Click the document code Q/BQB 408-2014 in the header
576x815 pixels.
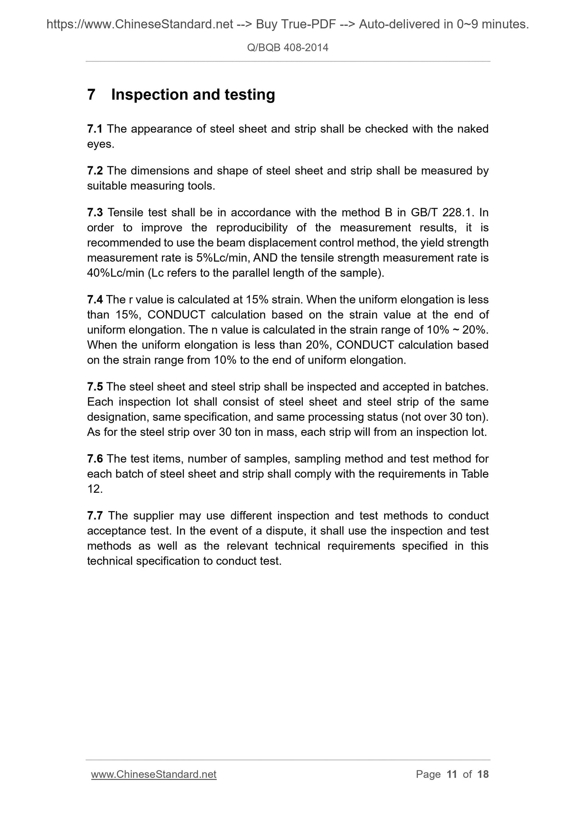(x=288, y=48)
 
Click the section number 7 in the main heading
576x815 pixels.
(x=91, y=95)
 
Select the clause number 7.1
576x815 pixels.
(x=95, y=129)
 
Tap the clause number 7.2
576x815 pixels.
(x=95, y=171)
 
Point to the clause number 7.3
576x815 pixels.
(x=95, y=213)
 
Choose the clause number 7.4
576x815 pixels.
(x=95, y=299)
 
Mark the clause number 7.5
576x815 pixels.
(x=95, y=387)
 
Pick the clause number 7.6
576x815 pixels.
(x=95, y=459)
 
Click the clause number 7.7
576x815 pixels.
(x=95, y=516)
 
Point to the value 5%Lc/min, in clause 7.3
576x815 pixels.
(x=223, y=258)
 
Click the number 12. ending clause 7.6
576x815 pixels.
(x=95, y=489)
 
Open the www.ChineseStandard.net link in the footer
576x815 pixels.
(x=154, y=774)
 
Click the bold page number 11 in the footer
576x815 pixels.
(x=452, y=774)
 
